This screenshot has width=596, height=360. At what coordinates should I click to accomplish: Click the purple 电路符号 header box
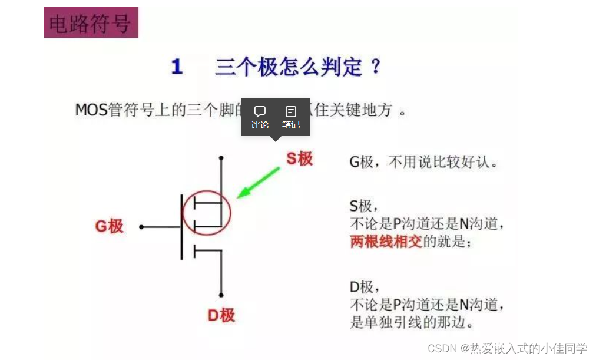point(91,23)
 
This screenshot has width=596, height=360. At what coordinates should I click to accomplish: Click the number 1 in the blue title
point(177,67)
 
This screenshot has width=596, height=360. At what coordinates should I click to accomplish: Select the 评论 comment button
point(260,117)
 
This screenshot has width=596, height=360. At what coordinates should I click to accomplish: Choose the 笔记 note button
point(290,117)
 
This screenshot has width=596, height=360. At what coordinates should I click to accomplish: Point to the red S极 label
point(299,158)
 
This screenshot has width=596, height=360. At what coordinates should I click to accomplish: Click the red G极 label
point(110,226)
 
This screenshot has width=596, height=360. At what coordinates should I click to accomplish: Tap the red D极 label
point(221,315)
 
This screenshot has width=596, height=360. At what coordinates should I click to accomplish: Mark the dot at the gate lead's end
point(141,227)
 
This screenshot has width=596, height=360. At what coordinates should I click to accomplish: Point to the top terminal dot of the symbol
point(221,158)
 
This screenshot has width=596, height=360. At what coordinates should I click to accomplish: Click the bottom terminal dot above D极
point(221,295)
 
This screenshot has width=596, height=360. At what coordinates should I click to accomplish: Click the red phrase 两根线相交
point(386,242)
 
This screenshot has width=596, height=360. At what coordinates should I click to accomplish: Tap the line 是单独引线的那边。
point(412,323)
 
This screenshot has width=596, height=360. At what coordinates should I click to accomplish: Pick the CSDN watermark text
point(507,348)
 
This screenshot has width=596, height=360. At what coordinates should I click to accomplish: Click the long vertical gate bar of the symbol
point(181,226)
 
